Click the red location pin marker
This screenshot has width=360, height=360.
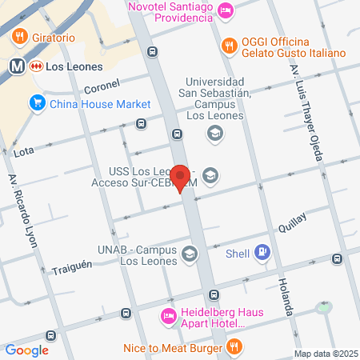[181, 178]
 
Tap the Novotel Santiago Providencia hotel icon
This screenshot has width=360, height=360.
[226, 10]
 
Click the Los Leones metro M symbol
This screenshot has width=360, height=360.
[15, 66]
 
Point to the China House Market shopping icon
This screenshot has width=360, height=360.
[36, 103]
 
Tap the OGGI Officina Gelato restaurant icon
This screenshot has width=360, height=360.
[229, 46]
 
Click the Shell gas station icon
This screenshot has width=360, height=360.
[264, 254]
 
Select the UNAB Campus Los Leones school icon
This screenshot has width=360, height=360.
[189, 254]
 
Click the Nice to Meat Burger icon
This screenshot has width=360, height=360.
[234, 347]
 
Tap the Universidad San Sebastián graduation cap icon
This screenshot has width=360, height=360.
[214, 133]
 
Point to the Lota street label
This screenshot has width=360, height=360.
[23, 150]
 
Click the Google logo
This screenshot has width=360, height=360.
[26, 350]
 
